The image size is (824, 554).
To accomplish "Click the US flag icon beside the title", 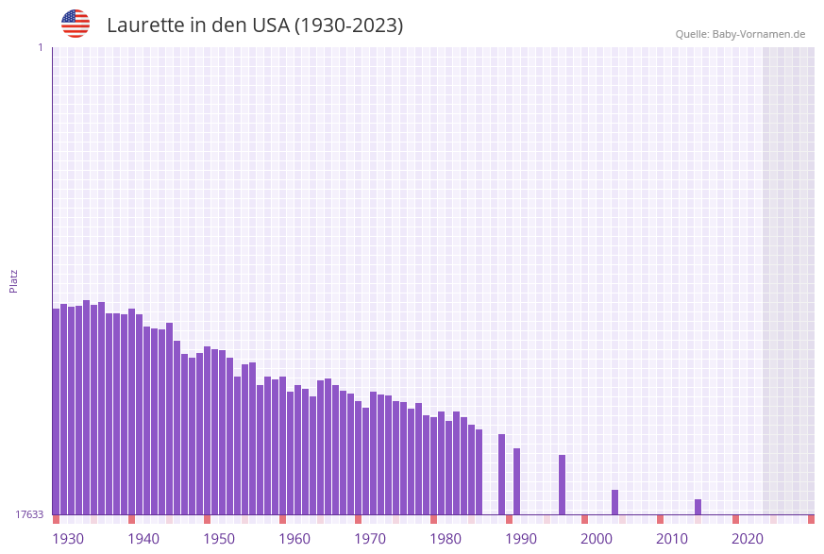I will point(76,24).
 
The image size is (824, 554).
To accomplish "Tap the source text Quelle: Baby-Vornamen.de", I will point(739,34).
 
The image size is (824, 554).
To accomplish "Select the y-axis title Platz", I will point(14,280).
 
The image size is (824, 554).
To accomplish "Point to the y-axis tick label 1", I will point(40,47).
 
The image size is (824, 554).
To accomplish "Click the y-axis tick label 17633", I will point(29,514).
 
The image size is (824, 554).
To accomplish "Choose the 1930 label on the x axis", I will point(68,538).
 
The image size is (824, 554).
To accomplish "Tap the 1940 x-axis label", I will point(143,538).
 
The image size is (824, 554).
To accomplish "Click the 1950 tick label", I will point(219,538).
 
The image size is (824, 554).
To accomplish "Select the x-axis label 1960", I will point(294,538).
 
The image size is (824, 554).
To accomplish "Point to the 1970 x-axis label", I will point(370,538).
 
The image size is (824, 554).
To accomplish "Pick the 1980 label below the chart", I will point(446,538).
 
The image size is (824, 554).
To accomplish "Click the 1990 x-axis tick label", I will point(521,538).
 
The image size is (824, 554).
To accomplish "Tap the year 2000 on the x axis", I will point(597,538).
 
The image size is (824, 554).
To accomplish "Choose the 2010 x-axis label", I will point(672,538).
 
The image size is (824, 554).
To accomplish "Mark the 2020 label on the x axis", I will point(748,538).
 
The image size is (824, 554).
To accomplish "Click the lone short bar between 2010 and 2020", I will point(698,507).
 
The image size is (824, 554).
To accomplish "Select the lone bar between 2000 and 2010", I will point(614,502).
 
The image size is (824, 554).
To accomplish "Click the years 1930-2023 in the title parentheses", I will point(348,25).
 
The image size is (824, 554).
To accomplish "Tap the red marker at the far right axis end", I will point(811,519).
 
